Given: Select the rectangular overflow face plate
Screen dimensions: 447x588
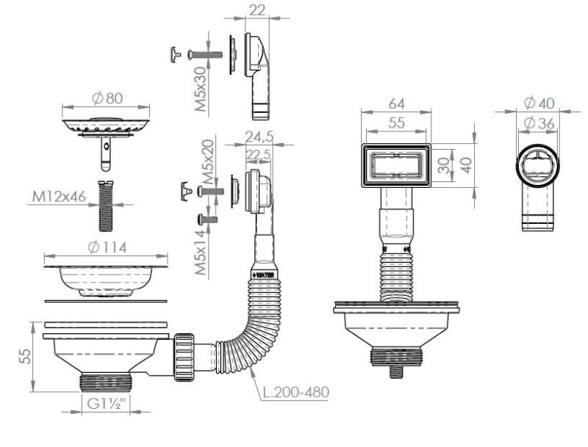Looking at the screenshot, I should [395, 166].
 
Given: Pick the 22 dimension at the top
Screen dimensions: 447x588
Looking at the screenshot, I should [257, 10].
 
